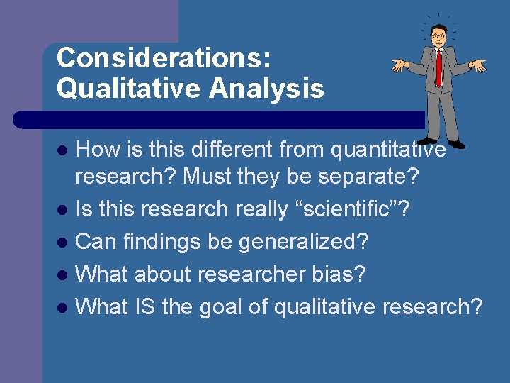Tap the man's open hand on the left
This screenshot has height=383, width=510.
click(400, 65)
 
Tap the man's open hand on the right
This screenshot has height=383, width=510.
click(479, 66)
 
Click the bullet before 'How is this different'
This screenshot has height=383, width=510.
click(62, 150)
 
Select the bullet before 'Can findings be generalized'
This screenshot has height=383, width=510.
click(62, 243)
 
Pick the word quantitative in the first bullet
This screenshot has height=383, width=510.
click(387, 150)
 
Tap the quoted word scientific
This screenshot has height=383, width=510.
click(346, 209)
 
